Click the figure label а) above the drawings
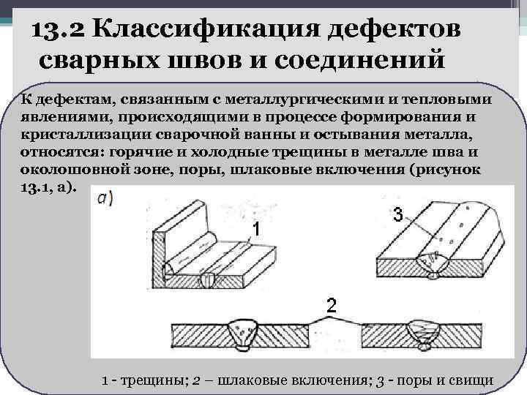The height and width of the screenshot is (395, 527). click(104, 198)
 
